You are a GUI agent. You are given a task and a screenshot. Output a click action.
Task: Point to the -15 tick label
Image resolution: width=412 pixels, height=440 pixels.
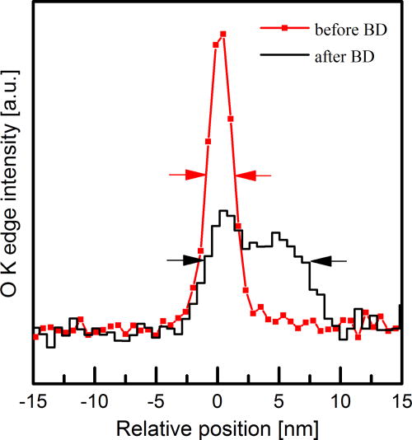33,402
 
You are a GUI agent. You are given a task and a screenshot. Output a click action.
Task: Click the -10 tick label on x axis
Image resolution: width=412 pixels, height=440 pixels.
94,402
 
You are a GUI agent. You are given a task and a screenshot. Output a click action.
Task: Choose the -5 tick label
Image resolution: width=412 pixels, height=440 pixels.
157,402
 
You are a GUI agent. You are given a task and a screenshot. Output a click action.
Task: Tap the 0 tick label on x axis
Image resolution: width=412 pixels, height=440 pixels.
218,402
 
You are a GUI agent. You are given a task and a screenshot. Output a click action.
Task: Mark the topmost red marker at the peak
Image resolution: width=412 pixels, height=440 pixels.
222,34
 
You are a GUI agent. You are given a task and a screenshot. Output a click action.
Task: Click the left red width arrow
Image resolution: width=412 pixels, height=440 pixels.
188,175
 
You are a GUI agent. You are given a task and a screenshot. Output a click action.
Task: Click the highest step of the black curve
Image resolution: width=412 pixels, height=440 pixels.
222,212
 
